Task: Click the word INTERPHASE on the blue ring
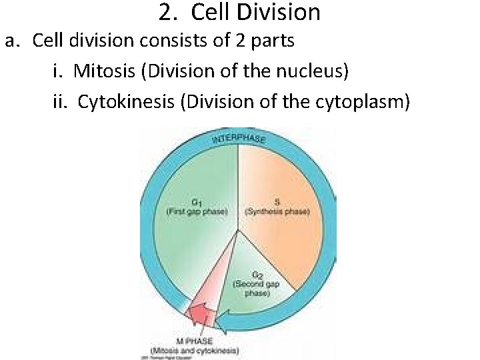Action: coord(239,137)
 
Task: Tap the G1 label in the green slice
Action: coord(197,202)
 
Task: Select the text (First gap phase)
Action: coord(197,211)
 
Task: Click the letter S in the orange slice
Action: coord(277,202)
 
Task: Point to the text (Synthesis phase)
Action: coord(277,211)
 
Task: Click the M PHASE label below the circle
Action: coord(194,341)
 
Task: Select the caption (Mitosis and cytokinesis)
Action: coord(195,350)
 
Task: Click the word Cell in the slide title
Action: coord(209,12)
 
